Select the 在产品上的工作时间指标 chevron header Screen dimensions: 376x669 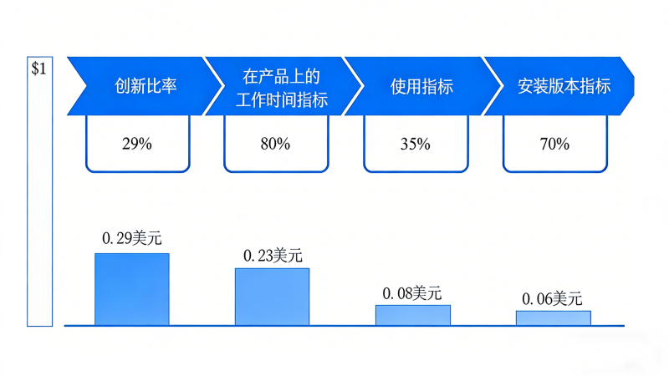tap(284, 86)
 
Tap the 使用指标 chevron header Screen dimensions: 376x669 tap(422, 86)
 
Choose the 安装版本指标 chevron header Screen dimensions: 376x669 tap(564, 86)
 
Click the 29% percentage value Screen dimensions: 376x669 tap(136, 144)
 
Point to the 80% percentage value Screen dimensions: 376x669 tap(275, 144)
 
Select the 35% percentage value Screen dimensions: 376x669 tap(415, 144)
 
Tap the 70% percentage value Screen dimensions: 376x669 tap(554, 144)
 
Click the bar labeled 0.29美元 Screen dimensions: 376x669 tap(132, 289)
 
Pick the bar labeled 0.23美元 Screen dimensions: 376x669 tap(272, 297)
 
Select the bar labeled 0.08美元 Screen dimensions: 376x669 tap(412, 315)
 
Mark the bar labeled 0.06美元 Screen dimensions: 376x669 tap(553, 318)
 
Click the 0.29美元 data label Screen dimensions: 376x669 tap(132, 238)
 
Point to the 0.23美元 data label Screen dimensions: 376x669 tap(272, 255)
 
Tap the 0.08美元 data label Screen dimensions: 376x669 tap(412, 293)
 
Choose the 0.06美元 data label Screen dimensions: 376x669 tap(552, 299)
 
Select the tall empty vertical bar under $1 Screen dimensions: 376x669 tap(39, 201)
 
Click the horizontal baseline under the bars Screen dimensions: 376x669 tap(343, 326)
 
